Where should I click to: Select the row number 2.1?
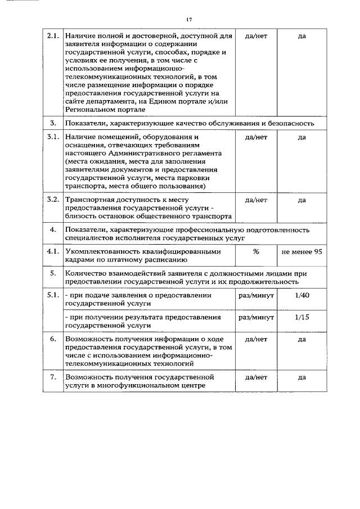tap(52, 36)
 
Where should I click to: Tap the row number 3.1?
tap(52, 137)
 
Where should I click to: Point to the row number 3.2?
tap(52, 199)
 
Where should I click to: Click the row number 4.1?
tap(52, 252)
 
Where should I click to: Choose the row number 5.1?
tap(52, 294)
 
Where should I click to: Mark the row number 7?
tap(52, 377)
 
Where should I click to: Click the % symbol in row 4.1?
tap(255, 252)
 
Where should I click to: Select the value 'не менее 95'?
tap(301, 252)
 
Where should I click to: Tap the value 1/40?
tap(301, 294)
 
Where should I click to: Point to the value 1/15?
tap(301, 317)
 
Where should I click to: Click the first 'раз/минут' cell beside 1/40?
tap(256, 294)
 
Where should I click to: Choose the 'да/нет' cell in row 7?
tap(256, 377)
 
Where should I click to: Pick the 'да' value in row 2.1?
tap(301, 36)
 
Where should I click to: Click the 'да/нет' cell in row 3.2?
tap(256, 199)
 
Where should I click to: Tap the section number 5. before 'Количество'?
tap(52, 273)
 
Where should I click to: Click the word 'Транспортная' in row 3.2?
tap(88, 199)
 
